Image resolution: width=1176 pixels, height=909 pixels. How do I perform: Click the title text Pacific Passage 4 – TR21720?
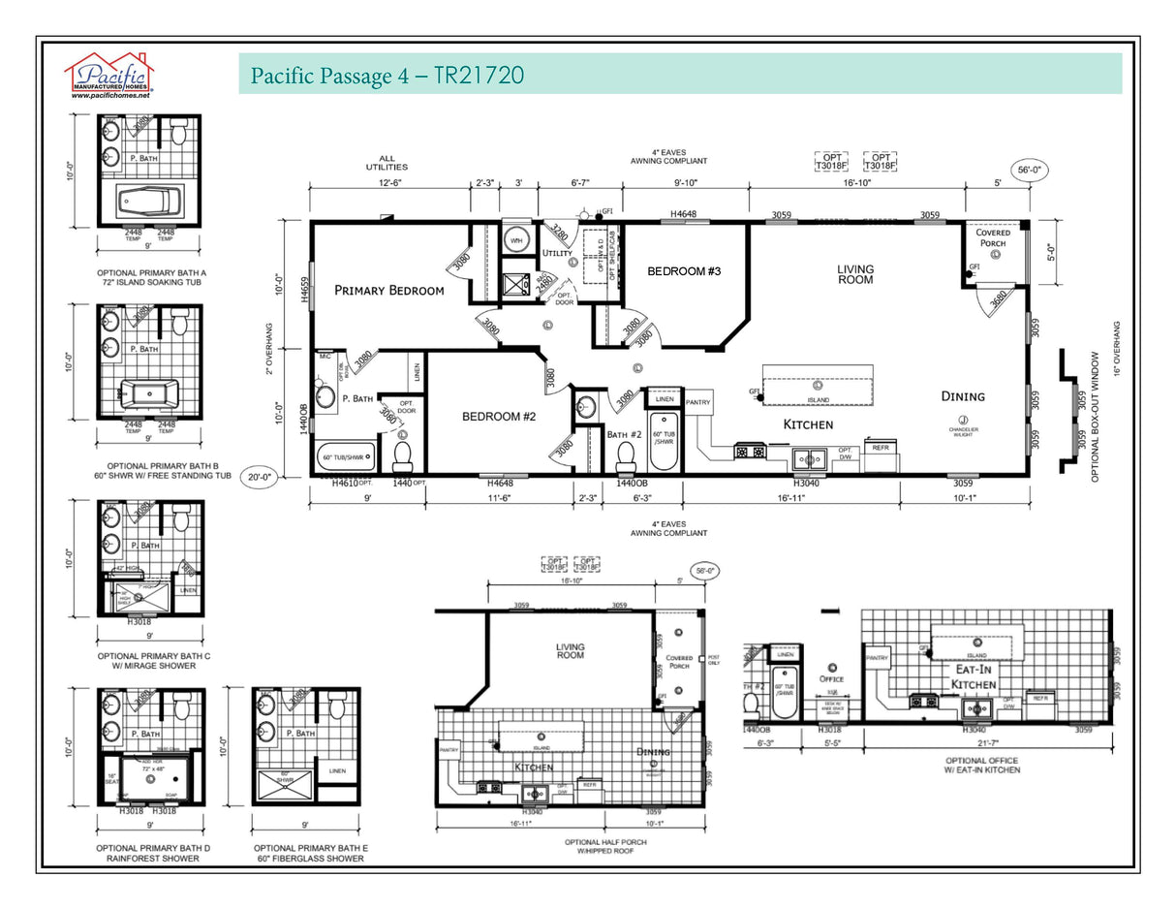point(387,76)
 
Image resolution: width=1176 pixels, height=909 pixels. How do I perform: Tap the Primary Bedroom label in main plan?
point(389,290)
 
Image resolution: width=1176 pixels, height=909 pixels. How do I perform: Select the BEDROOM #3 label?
point(684,271)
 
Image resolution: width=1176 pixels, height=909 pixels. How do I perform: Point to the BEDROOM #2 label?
point(499,416)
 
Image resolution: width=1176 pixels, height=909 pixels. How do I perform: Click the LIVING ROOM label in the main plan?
point(855,274)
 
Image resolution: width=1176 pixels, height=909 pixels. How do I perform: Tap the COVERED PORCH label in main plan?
point(993,238)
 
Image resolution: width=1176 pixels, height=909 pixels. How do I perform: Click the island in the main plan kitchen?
point(818,384)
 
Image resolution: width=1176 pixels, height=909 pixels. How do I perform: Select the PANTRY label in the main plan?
point(698,402)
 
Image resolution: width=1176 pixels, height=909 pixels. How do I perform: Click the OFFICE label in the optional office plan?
point(830,678)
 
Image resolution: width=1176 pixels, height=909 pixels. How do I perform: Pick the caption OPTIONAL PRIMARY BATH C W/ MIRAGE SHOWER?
point(154,661)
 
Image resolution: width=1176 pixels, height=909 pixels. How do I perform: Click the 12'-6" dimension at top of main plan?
point(389,182)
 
